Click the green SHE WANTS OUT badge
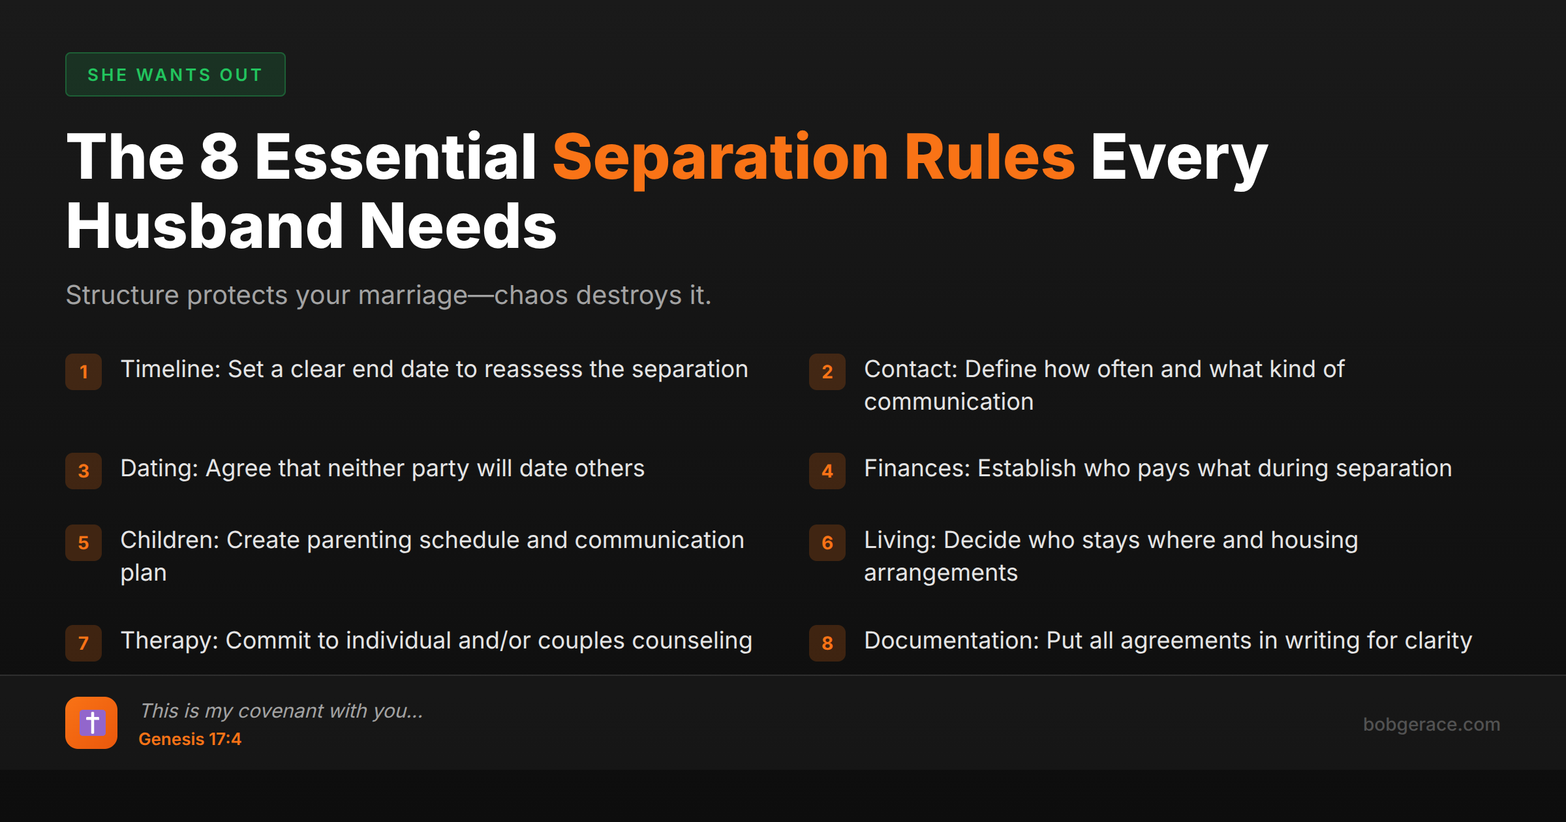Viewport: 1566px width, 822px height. pyautogui.click(x=175, y=75)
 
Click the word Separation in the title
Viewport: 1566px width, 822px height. pyautogui.click(x=720, y=158)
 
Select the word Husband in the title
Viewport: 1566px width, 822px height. pyautogui.click(x=204, y=226)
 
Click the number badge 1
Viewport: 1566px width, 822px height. pyautogui.click(x=84, y=372)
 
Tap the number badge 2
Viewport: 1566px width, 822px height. pyautogui.click(x=827, y=372)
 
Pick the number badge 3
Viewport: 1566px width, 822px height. pyautogui.click(x=84, y=471)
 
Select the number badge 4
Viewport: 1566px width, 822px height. pyautogui.click(x=827, y=471)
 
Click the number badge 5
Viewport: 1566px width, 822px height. pyautogui.click(x=84, y=543)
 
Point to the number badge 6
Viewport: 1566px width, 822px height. pyautogui.click(x=827, y=543)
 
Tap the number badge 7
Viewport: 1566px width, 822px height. pyautogui.click(x=84, y=643)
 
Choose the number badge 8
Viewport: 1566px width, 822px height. pyautogui.click(x=827, y=643)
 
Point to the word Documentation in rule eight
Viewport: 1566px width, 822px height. pyautogui.click(x=950, y=641)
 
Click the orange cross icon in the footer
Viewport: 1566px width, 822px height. pyautogui.click(x=91, y=723)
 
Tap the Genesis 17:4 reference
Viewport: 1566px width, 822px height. pyautogui.click(x=190, y=739)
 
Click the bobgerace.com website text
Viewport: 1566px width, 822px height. pyautogui.click(x=1432, y=724)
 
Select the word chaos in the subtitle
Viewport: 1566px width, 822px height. pyautogui.click(x=531, y=296)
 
